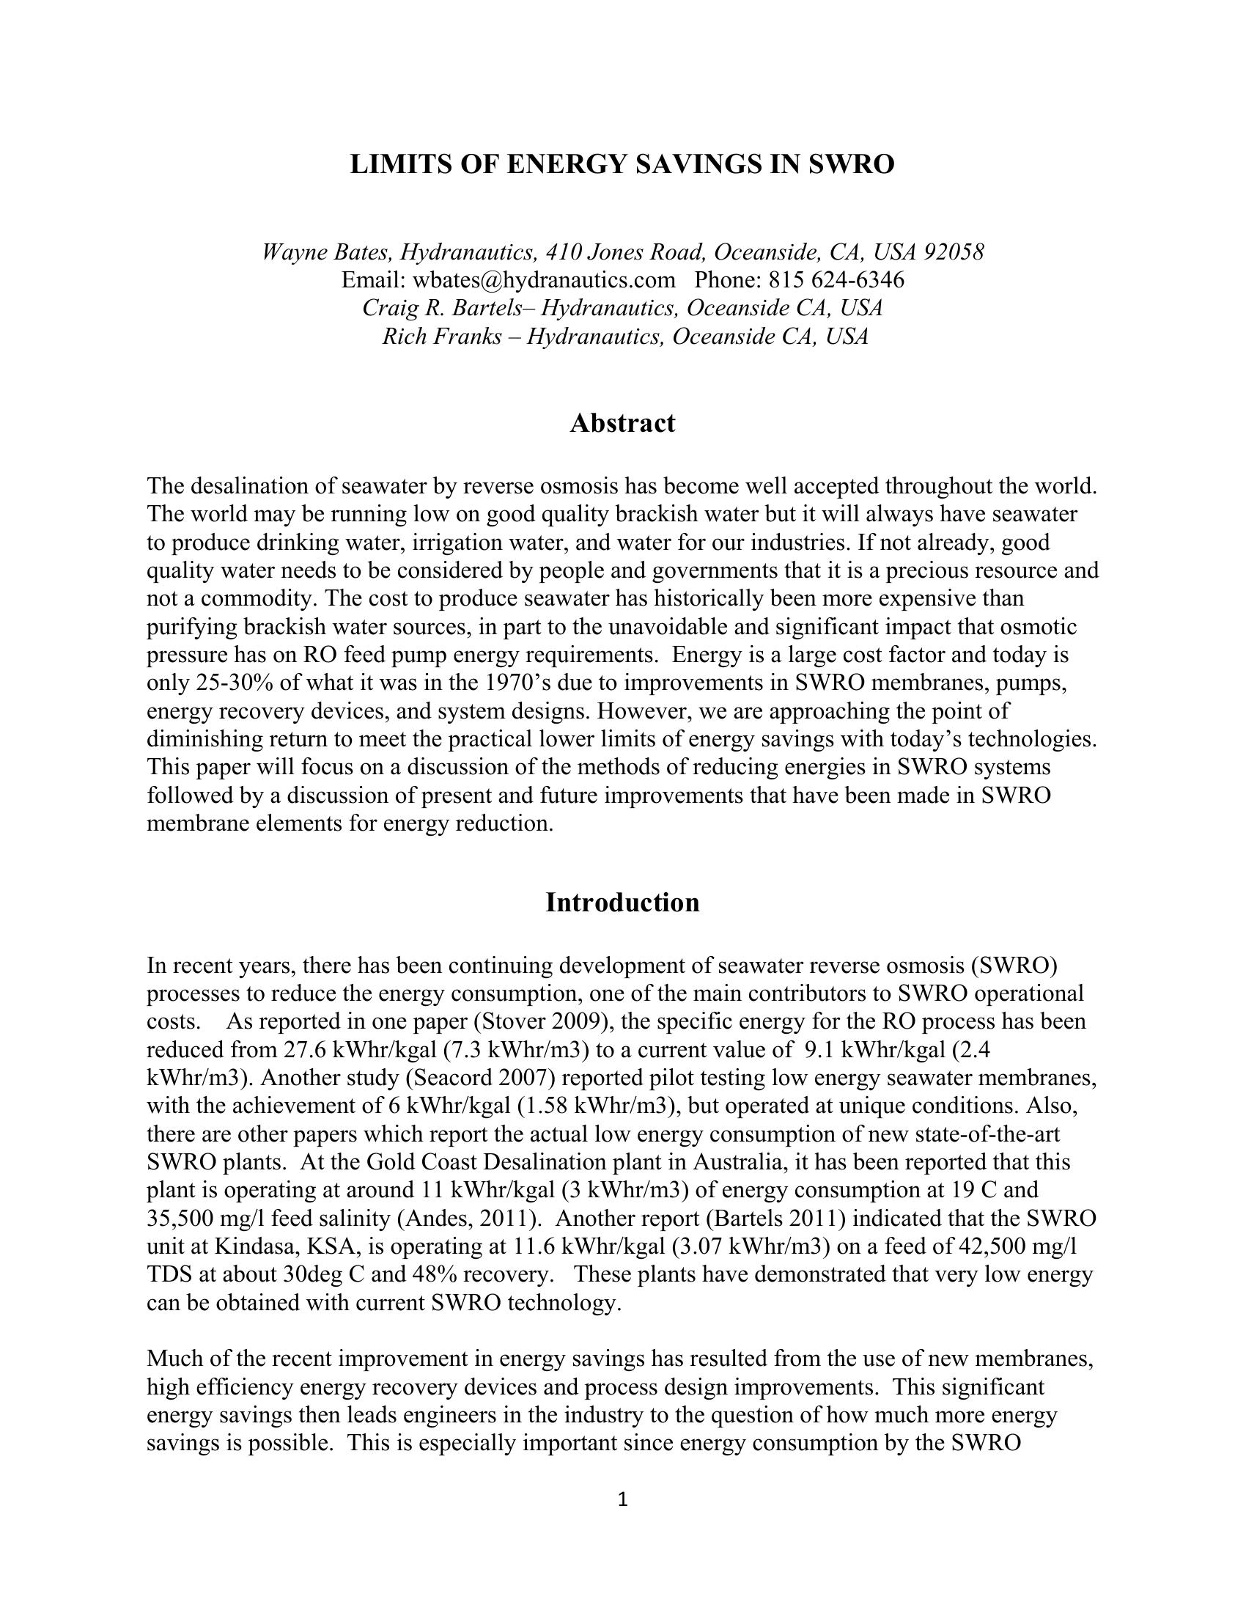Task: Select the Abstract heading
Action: tap(622, 423)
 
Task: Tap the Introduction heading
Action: tap(622, 903)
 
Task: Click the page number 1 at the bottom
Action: tap(622, 1499)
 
